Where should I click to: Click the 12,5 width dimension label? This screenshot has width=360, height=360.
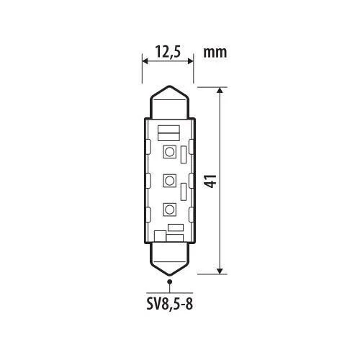click(x=168, y=52)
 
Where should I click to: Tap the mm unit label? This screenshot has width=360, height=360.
click(x=215, y=53)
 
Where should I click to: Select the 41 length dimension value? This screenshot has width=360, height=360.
click(x=212, y=181)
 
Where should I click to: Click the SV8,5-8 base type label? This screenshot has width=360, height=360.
click(x=170, y=305)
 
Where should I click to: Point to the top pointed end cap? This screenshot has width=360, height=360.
click(x=170, y=102)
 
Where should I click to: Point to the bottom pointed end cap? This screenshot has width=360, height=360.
click(x=170, y=259)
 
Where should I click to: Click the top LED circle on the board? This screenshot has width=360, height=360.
click(x=170, y=152)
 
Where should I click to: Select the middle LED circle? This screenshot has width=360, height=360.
click(x=170, y=181)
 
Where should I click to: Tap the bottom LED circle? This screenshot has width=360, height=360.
click(x=170, y=210)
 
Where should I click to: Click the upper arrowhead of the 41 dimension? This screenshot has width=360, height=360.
click(x=220, y=90)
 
